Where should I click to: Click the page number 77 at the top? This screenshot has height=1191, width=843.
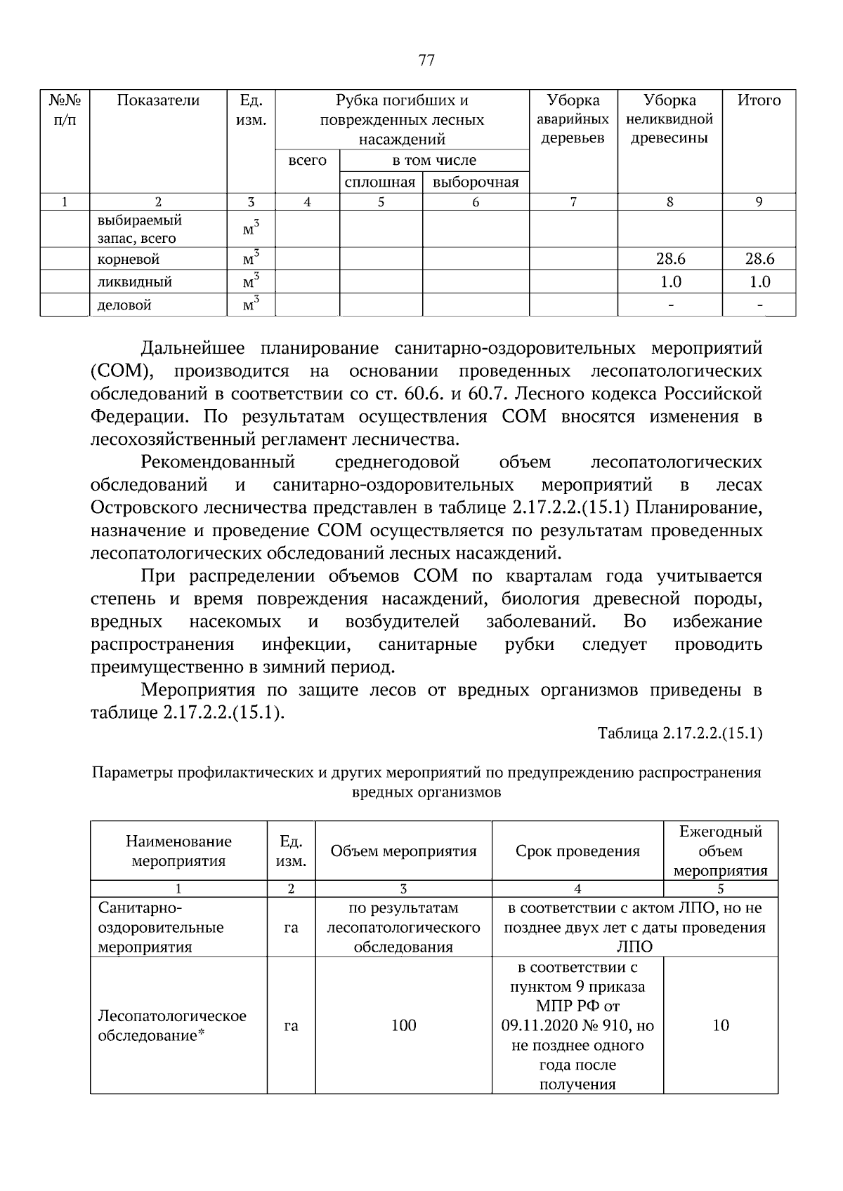coord(426,60)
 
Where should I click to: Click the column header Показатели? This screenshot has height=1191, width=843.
coord(158,100)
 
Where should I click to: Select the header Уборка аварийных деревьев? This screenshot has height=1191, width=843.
coord(573,119)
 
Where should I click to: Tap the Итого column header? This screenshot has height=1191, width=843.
coord(759,100)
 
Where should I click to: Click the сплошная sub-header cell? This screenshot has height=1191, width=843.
coord(381,182)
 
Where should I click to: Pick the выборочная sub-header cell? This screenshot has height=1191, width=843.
coord(476,182)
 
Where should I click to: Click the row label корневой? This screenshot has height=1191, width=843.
coord(129,259)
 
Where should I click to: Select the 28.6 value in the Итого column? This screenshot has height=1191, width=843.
coord(759,259)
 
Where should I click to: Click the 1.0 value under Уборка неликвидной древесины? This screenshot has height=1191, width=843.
coord(670,282)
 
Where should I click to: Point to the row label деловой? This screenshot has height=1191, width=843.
coord(124,305)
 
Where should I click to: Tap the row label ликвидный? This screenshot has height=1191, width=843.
coord(134,282)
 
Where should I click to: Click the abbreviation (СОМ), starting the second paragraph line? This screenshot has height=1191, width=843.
coord(117,371)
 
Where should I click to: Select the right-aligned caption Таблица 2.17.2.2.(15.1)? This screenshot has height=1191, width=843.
coord(679,734)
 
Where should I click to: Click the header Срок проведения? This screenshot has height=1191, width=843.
coord(577,851)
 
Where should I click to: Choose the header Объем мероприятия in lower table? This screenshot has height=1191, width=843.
coord(403,851)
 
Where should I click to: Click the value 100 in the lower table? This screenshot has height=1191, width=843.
coord(403,1025)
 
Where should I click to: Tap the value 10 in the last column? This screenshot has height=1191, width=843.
coord(721,1025)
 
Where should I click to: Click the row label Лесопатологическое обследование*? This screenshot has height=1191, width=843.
coord(172,1025)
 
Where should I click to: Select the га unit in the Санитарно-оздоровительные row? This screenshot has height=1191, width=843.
coord(291,927)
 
